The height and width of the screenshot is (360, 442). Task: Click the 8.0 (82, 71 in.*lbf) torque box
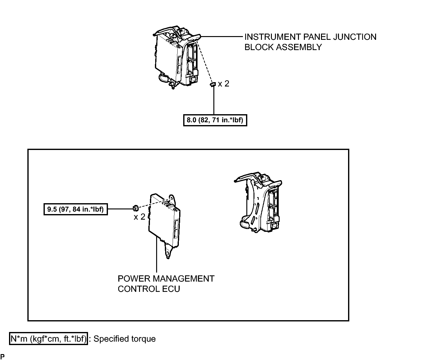click(x=215, y=120)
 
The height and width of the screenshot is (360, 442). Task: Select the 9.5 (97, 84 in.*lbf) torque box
click(x=76, y=209)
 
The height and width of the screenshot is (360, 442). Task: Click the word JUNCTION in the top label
click(x=355, y=37)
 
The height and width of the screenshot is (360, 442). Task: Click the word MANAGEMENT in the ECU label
click(x=184, y=278)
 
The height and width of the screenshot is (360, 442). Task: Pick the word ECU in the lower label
click(x=171, y=289)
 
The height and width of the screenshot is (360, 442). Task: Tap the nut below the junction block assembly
click(x=213, y=84)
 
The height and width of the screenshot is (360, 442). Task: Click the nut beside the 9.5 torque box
click(x=136, y=208)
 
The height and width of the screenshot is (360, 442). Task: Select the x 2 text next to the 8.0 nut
click(x=224, y=84)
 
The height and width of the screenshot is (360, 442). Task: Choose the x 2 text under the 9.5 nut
click(x=139, y=217)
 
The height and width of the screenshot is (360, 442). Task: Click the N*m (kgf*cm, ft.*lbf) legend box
click(x=48, y=339)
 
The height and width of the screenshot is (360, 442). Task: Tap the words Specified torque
click(x=124, y=339)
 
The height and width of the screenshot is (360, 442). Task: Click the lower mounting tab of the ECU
click(x=168, y=251)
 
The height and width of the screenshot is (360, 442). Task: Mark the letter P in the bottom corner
click(x=2, y=356)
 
